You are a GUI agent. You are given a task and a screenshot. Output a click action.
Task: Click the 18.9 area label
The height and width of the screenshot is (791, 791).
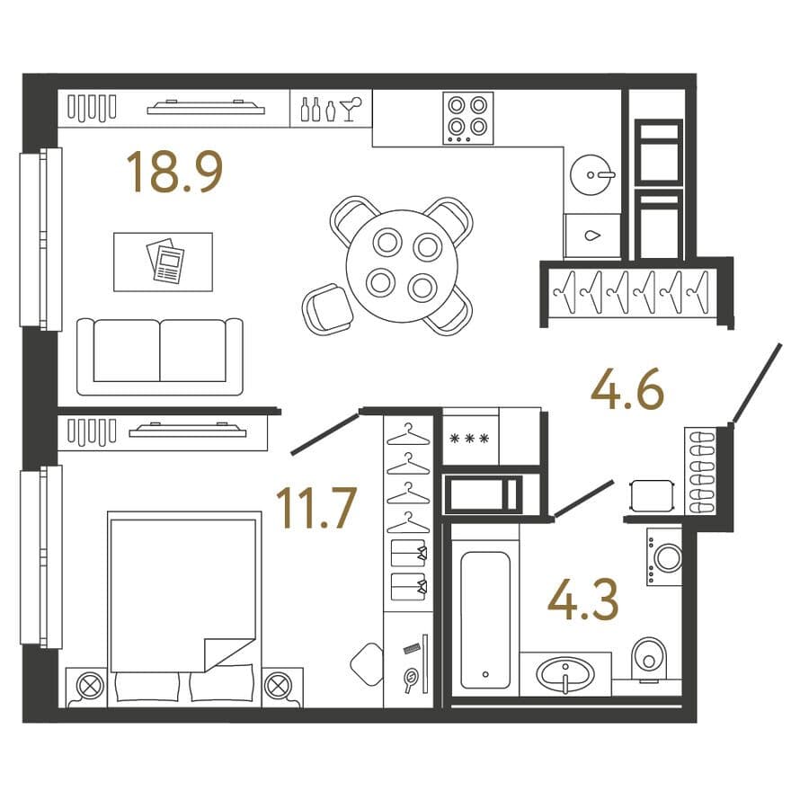click(x=174, y=173)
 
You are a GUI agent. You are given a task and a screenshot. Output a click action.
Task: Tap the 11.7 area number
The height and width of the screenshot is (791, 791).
click(x=316, y=508)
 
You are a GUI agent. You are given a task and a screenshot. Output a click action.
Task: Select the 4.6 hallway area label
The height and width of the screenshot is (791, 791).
click(x=627, y=388)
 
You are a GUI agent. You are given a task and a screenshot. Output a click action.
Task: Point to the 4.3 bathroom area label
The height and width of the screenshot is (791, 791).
click(x=582, y=600)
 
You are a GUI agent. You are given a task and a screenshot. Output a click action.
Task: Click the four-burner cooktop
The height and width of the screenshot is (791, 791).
click(x=467, y=118)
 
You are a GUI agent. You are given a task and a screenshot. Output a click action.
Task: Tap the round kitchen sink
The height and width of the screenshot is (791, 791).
click(x=591, y=174)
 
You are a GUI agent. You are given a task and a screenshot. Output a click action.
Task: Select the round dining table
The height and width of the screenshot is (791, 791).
click(x=402, y=266)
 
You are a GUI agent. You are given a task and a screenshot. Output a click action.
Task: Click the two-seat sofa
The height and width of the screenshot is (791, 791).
click(x=160, y=356)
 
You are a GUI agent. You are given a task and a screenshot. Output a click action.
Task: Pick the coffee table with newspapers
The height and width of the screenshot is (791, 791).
click(x=163, y=262)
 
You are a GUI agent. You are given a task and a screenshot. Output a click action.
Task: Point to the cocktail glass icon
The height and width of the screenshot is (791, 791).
click(x=350, y=109)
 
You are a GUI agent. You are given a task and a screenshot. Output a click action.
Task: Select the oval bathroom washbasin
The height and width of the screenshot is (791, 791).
click(x=565, y=674)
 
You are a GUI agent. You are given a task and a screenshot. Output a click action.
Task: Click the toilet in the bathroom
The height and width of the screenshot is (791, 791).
click(x=649, y=658)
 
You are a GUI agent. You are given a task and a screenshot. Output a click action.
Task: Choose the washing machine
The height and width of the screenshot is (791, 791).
click(x=664, y=557)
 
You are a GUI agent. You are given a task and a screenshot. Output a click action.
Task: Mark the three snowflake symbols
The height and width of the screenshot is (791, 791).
click(x=469, y=439)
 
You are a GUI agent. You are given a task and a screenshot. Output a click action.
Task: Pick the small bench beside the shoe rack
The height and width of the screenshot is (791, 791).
click(x=652, y=495)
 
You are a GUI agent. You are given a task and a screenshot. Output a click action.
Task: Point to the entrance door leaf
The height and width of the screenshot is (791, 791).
click(x=757, y=382)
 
